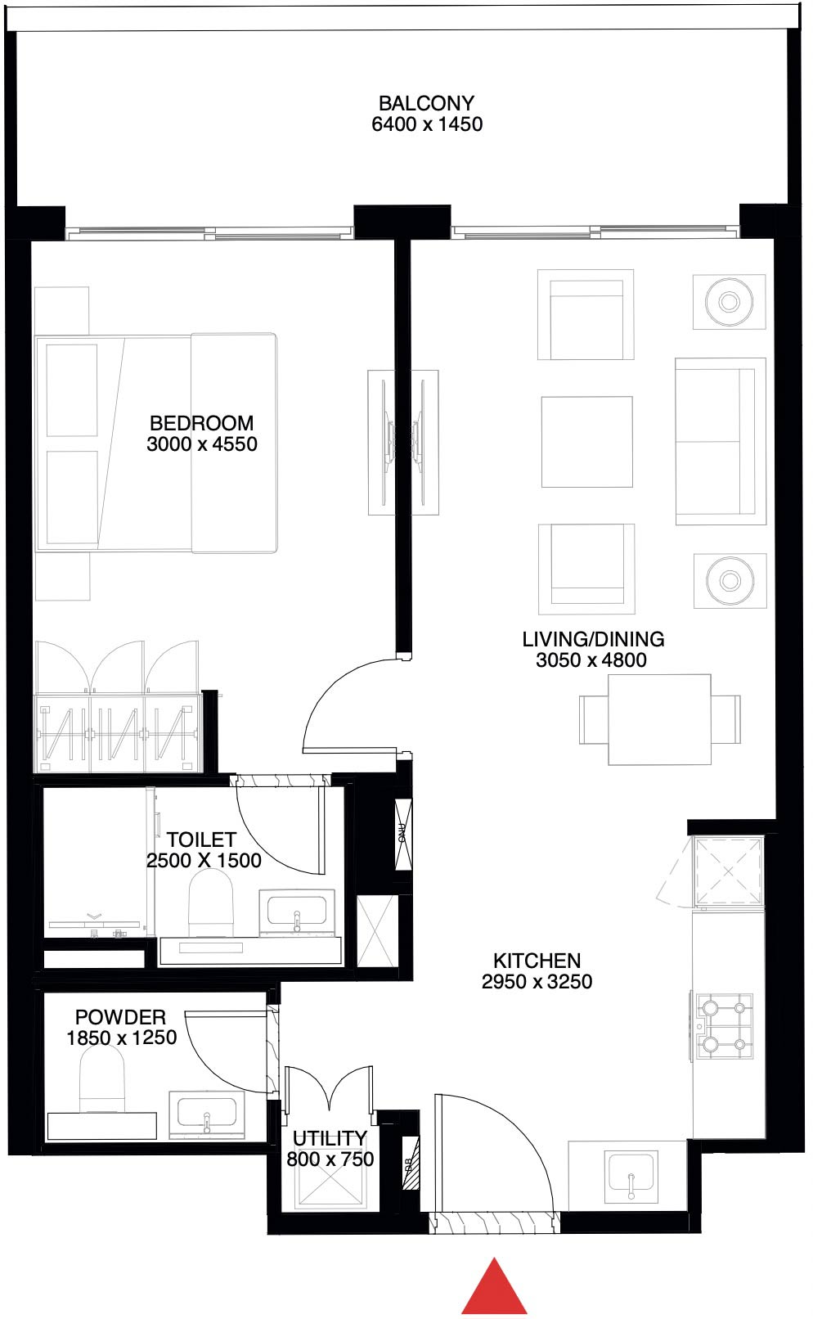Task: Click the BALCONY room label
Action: (426, 104)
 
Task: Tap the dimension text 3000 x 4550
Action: (202, 444)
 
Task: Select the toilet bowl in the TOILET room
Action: (211, 900)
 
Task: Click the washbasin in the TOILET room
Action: (296, 911)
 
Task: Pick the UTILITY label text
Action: (330, 1138)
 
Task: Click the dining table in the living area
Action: (659, 719)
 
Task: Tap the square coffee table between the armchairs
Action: (586, 442)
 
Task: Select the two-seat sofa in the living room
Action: (719, 442)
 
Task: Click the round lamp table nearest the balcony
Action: (729, 302)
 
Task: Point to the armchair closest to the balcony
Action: (586, 315)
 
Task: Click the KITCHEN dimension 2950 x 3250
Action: (537, 982)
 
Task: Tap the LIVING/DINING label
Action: (593, 639)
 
